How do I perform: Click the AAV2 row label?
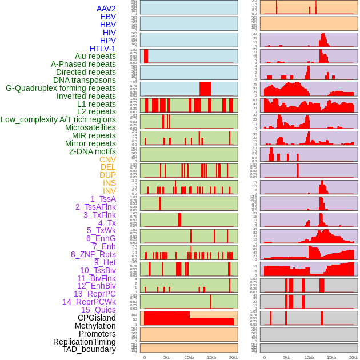pyautogui.click(x=106, y=9)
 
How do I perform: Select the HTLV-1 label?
pyautogui.click(x=103, y=49)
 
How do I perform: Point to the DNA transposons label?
pyautogui.click(x=85, y=80)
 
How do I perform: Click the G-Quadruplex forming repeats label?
pyautogui.click(x=61, y=88)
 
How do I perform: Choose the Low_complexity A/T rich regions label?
pyautogui.click(x=58, y=119)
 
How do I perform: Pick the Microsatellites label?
pyautogui.click(x=90, y=127)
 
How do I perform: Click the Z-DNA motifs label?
pyautogui.click(x=93, y=151)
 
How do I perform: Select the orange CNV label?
pyautogui.click(x=107, y=159)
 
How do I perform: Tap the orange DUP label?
pyautogui.click(x=107, y=175)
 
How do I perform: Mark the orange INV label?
pyautogui.click(x=109, y=191)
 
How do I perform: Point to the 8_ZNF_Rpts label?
pyautogui.click(x=93, y=254)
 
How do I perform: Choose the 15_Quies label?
pyautogui.click(x=98, y=310)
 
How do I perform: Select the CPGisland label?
pyautogui.click(x=97, y=318)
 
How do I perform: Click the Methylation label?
pyautogui.click(x=95, y=326)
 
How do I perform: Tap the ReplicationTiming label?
pyautogui.click(x=85, y=342)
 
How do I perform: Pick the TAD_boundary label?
pyautogui.click(x=89, y=349)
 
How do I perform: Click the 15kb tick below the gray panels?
pyautogui.click(x=331, y=357)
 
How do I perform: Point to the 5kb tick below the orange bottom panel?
pyautogui.click(x=167, y=357)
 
